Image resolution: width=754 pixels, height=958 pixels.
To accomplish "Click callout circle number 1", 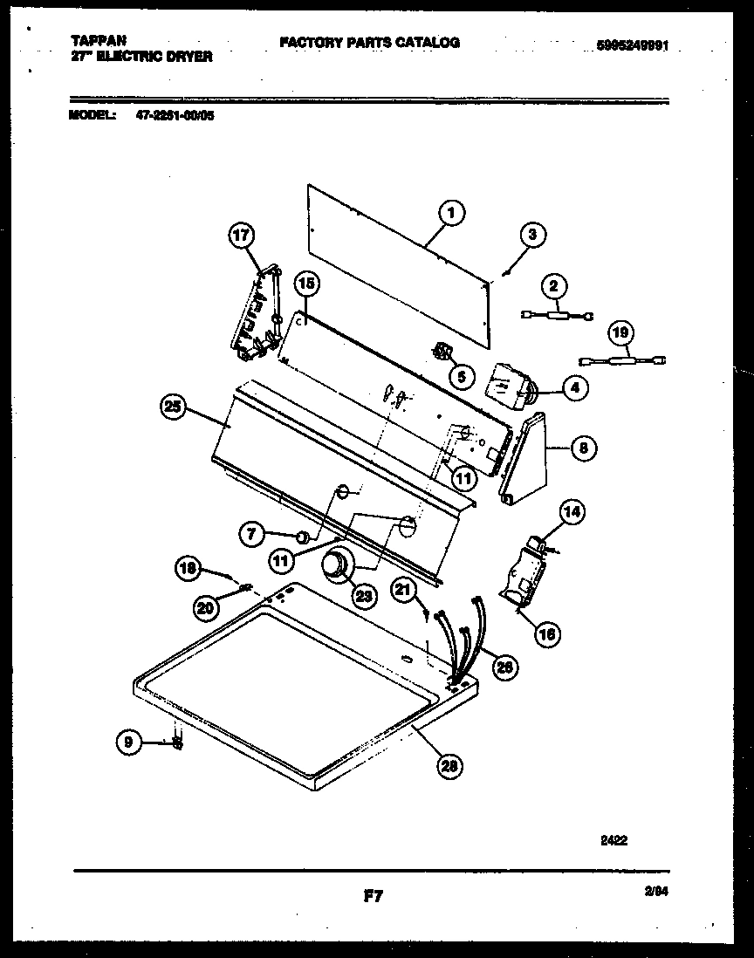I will (x=450, y=212).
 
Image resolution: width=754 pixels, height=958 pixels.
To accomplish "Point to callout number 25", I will (x=174, y=406).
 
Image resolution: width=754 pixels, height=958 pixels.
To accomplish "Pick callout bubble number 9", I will (x=128, y=742).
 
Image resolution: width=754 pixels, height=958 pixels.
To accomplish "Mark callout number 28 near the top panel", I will (x=450, y=766).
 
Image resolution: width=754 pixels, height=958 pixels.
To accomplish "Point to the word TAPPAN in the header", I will (x=96, y=40).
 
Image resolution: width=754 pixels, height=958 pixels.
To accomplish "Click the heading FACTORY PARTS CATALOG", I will (x=369, y=42).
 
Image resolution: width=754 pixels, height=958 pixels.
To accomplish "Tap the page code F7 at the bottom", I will (x=374, y=894).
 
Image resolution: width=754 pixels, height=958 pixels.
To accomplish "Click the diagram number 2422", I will (x=614, y=841).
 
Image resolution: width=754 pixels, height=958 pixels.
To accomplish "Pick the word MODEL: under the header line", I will (x=91, y=113).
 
